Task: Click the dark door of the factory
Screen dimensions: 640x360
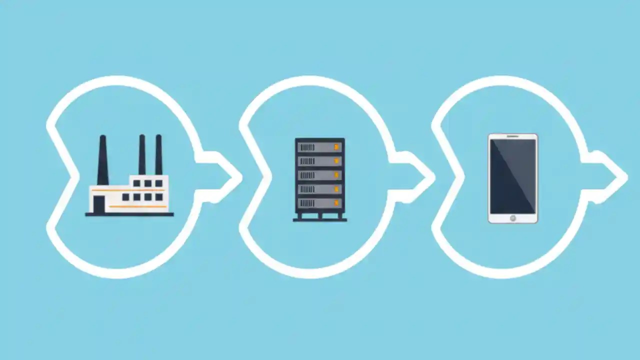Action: tap(99, 203)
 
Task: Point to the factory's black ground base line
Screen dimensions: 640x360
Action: tap(129, 214)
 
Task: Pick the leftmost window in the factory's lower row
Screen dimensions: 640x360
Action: tap(125, 197)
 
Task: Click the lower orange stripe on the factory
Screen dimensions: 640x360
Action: tap(137, 206)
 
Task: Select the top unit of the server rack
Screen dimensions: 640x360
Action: tap(319, 147)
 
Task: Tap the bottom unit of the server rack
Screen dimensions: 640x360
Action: tap(319, 203)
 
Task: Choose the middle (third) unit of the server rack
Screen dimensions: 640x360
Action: tap(319, 175)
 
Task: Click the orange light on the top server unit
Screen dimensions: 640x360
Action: tap(336, 147)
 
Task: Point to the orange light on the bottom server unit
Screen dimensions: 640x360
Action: tap(336, 203)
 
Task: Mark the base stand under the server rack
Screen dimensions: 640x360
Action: tap(319, 217)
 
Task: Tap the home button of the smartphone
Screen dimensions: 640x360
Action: tap(512, 218)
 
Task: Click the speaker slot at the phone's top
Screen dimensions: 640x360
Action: tap(512, 136)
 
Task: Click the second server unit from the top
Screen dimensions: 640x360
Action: tap(319, 161)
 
